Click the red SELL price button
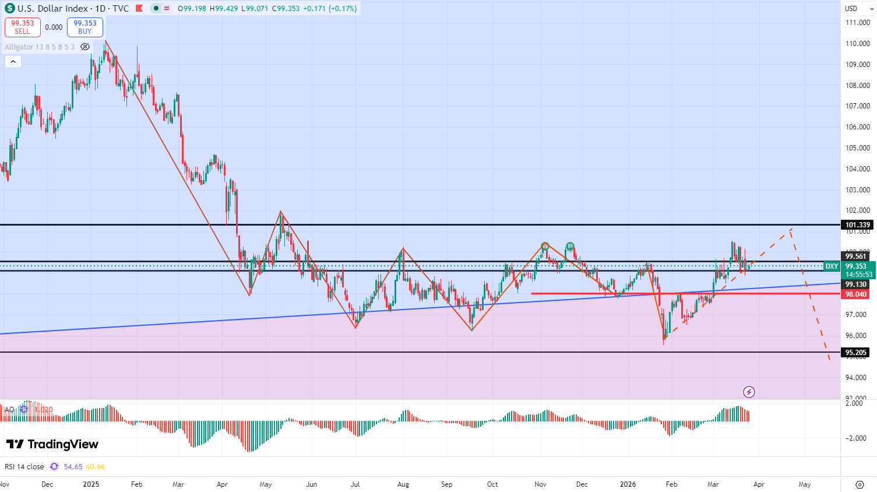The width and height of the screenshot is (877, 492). coord(23,27)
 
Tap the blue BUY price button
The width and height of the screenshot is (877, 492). coord(85,27)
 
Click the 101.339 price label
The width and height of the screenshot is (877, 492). coord(857,225)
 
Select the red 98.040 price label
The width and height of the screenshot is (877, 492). coord(856,294)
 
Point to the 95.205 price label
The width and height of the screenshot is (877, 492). coord(856,352)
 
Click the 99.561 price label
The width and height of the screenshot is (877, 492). coord(855,256)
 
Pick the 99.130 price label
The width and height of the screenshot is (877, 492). coord(855,284)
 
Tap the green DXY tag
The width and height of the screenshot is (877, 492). coord(832,266)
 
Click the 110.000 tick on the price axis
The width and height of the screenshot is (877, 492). coord(857,44)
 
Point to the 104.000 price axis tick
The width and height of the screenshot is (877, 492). coord(857,169)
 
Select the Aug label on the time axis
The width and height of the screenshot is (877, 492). coord(403,484)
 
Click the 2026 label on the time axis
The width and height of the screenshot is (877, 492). coord(628,484)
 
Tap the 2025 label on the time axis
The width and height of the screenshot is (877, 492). coord(91,484)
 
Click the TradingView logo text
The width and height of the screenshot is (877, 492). coord(52,444)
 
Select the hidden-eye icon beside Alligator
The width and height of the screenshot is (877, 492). coord(85,47)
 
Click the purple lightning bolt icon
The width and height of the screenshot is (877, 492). coord(749,392)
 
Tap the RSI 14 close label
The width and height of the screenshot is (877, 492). coord(24,466)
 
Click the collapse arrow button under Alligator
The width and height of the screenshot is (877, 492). coord(13,61)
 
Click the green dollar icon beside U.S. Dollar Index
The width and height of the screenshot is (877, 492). coord(9,8)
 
